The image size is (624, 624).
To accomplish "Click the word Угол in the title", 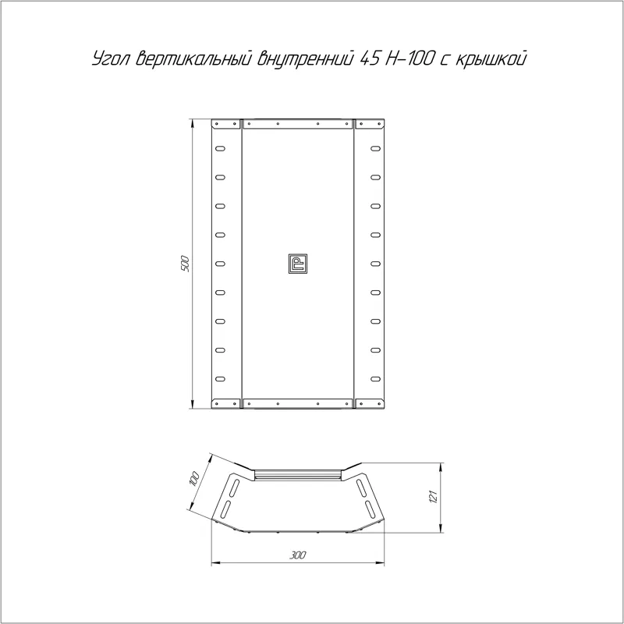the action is tap(111, 59).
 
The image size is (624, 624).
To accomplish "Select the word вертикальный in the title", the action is tap(193, 59).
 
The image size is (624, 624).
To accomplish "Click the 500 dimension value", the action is tap(185, 264).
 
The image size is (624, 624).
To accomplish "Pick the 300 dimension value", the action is tap(298, 555).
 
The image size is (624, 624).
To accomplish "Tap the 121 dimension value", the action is tap(434, 497).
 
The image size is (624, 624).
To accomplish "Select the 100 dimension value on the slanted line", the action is tap(193, 478).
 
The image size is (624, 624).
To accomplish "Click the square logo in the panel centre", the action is tap(298, 264).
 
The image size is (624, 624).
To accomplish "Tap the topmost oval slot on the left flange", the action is tap(220, 149).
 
